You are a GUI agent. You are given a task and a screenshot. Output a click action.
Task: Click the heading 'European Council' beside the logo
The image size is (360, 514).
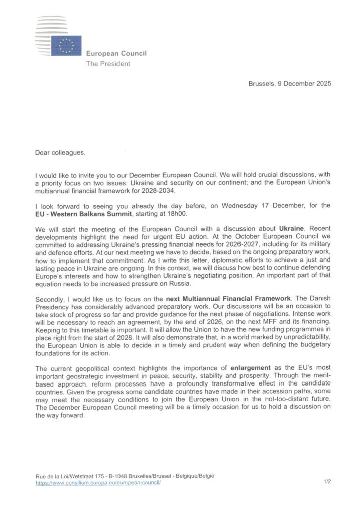click(116, 54)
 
